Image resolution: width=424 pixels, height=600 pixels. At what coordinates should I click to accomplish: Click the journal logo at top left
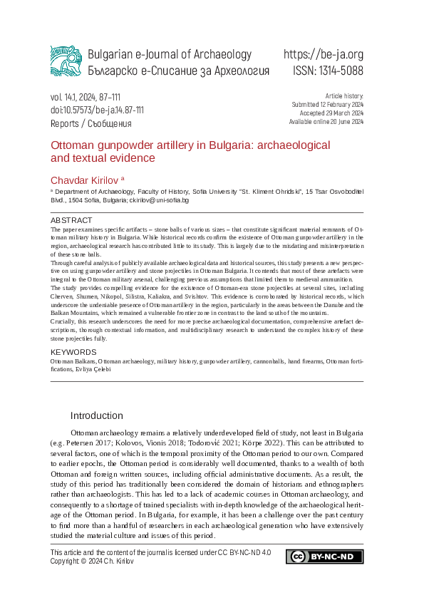click(x=66, y=61)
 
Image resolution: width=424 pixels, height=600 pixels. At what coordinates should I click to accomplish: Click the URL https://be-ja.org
click(x=323, y=55)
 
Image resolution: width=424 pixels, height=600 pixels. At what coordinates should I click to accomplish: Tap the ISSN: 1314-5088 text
click(x=328, y=71)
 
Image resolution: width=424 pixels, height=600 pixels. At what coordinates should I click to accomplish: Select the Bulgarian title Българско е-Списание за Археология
click(x=178, y=71)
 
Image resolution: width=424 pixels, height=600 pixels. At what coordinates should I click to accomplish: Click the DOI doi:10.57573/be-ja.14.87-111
click(x=97, y=110)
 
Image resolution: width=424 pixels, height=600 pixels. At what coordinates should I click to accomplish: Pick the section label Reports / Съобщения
click(x=91, y=123)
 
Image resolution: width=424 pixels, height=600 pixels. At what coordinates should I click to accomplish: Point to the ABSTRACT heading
click(x=71, y=221)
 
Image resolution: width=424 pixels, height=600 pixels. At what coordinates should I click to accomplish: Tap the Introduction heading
click(x=96, y=415)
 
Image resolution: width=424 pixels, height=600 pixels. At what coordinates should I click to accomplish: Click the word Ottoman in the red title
click(x=71, y=145)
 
